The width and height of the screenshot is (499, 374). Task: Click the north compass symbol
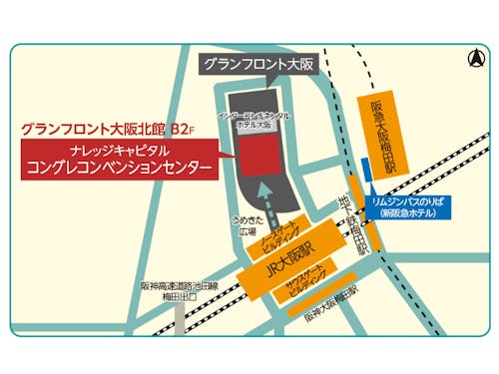pos(472,59)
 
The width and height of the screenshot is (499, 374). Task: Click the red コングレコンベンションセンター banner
pos(120,161)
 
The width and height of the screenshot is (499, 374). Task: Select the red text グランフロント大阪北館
pos(93,129)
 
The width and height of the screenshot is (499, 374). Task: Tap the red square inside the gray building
pos(256,154)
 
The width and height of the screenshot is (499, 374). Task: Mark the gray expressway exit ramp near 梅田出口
pos(179,317)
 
